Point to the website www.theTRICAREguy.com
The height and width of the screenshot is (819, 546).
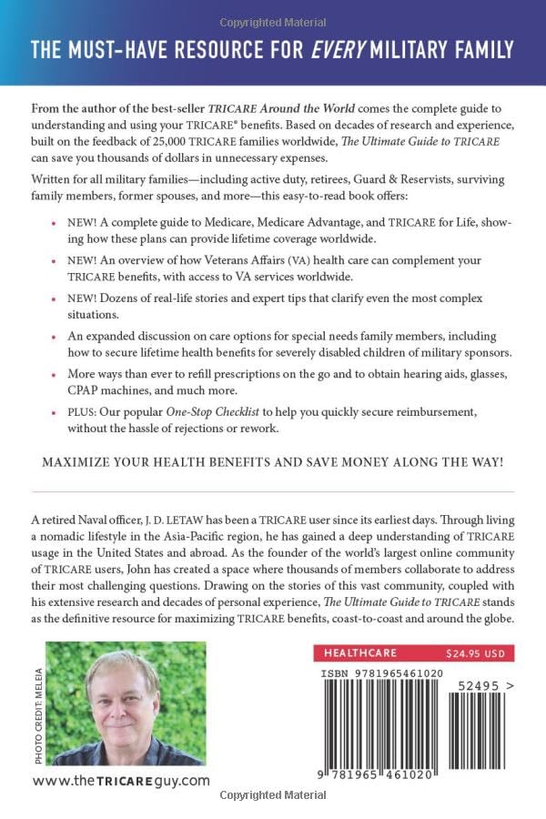pos(121,780)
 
